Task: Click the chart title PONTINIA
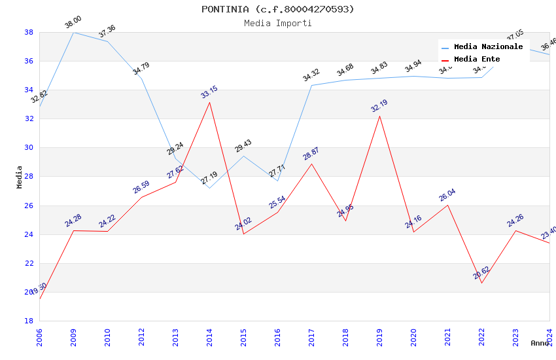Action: coord(277,9)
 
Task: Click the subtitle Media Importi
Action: coord(277,23)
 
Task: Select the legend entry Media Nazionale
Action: coord(488,47)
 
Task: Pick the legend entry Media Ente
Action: coord(477,59)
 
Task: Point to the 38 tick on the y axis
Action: coord(29,32)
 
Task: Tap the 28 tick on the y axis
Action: coord(29,177)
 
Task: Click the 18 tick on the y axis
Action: coord(29,321)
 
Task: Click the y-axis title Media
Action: coord(20,177)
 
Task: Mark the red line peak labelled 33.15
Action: coord(209,102)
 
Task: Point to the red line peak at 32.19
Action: coord(379,116)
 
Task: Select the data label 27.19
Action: coord(209,178)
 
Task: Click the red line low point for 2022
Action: coord(481,283)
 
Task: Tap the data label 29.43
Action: coord(243,146)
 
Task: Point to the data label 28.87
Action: coord(311,154)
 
